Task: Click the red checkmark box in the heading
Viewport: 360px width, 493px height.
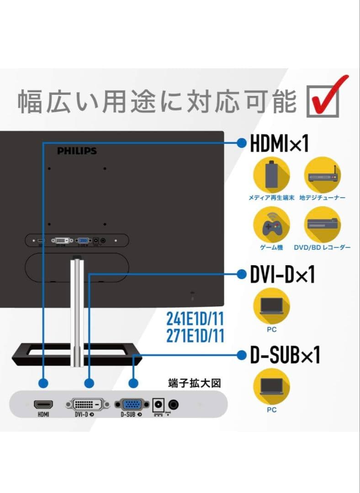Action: [x=325, y=100]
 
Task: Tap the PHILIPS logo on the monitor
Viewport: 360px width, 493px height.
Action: [x=77, y=151]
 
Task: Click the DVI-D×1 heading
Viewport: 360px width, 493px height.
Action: [x=282, y=275]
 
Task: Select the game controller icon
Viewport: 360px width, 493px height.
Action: [x=271, y=225]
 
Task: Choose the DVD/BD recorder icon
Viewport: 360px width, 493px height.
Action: [x=323, y=225]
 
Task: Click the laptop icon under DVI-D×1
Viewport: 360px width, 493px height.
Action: [x=271, y=306]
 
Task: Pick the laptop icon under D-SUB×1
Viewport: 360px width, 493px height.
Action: [x=271, y=386]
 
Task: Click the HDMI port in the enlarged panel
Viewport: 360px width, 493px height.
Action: [x=43, y=404]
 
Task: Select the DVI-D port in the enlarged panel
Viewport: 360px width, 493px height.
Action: [x=88, y=404]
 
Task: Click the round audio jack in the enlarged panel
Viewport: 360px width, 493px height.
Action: [x=174, y=404]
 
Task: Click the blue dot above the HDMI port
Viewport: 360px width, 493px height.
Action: [x=43, y=383]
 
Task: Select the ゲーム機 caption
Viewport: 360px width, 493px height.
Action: [x=271, y=247]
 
